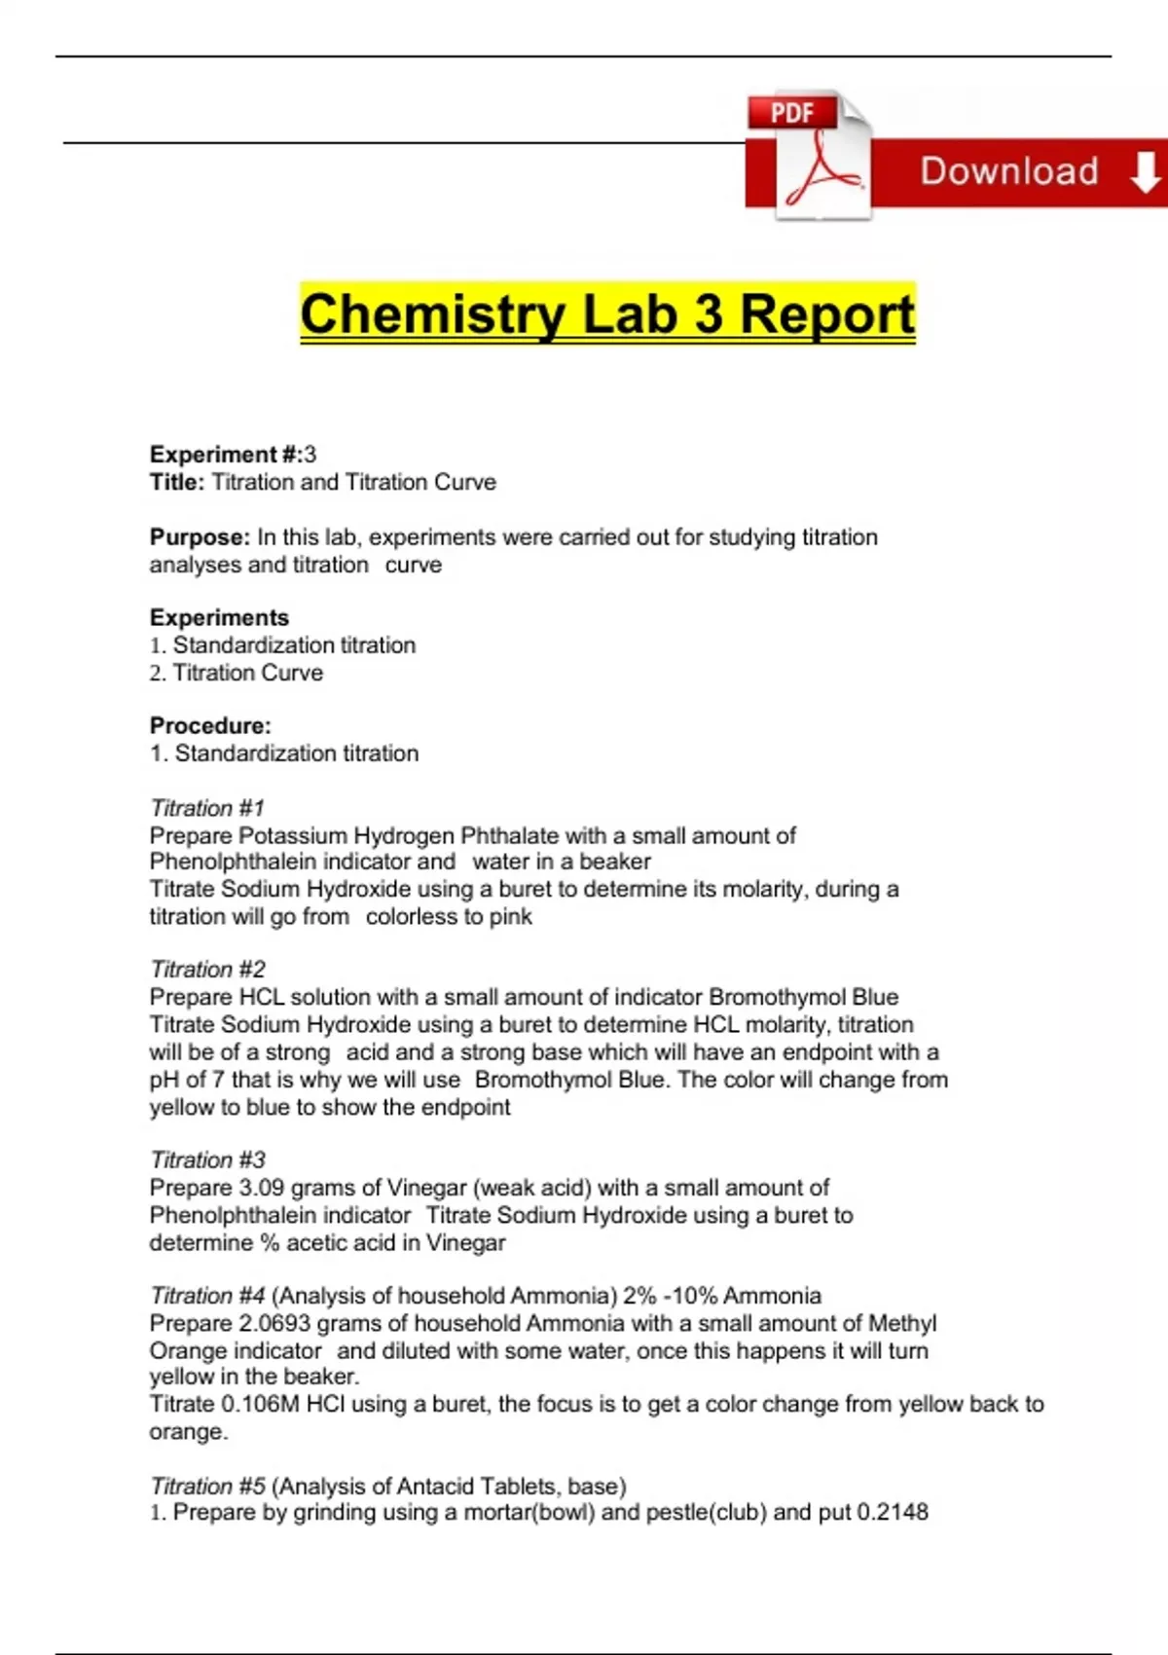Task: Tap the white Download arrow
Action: point(1145,172)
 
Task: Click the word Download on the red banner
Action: point(1009,171)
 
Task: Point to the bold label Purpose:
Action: point(200,537)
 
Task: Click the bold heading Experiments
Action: point(219,618)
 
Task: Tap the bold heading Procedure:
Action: point(210,726)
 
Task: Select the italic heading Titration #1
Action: point(206,808)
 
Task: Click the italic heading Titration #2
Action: point(207,970)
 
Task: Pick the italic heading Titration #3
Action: point(207,1160)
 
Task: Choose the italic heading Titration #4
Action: point(207,1296)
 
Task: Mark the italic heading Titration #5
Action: point(207,1487)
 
